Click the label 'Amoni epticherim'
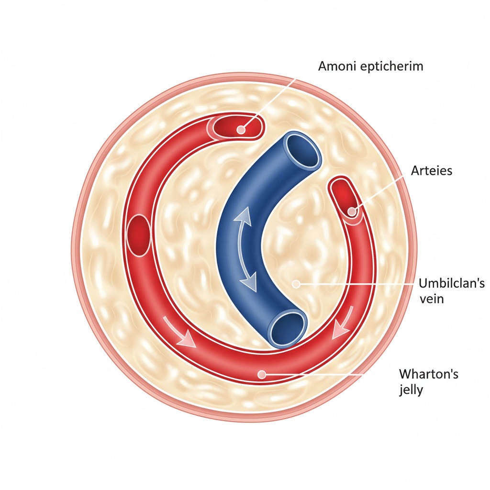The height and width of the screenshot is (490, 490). click(x=370, y=66)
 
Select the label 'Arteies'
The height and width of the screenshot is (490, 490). click(x=431, y=170)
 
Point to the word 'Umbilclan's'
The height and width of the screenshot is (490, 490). click(x=451, y=283)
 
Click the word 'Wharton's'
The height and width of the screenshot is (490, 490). click(x=428, y=374)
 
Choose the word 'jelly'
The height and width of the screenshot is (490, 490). click(x=411, y=390)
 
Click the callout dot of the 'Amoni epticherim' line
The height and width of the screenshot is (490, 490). click(x=241, y=129)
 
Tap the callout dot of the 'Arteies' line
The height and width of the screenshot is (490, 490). click(x=352, y=211)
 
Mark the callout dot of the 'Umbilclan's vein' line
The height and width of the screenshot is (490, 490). click(x=296, y=284)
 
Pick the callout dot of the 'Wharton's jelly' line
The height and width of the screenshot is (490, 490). click(x=261, y=374)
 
